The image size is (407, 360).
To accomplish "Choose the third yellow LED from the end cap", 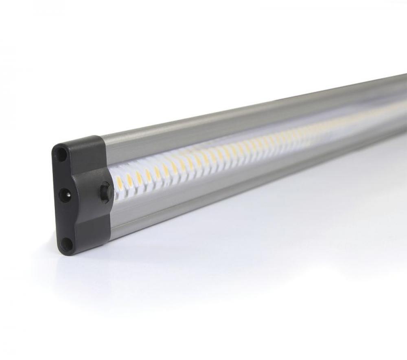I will [139, 176].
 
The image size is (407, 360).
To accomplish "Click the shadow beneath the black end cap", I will [81, 265].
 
